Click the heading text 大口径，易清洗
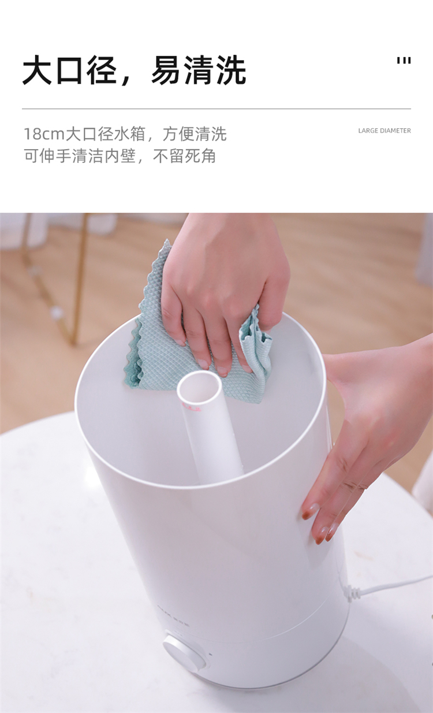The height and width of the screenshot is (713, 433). pos(134,70)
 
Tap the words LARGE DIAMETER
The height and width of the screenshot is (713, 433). pos(385,131)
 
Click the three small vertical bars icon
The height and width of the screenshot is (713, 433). pos(404,61)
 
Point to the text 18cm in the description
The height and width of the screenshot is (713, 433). pos(44,133)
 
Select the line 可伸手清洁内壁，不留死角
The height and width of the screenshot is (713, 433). pos(120,156)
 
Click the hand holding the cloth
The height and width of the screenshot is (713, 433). pos(223,287)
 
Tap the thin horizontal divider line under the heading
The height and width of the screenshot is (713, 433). pos(216,109)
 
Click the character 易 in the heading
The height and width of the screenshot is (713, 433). pos(166,70)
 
